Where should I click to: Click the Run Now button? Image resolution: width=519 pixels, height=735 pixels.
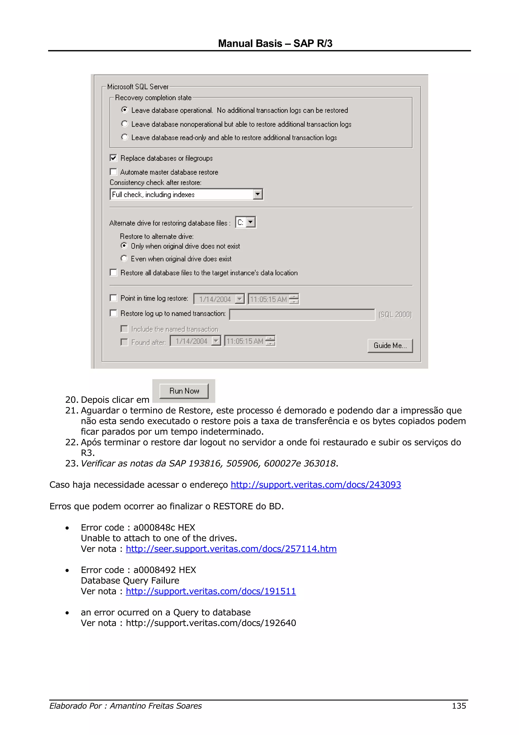[x=184, y=391]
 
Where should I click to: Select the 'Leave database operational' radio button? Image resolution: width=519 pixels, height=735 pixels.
[x=125, y=110]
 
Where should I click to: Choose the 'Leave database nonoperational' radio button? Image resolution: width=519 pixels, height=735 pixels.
[x=125, y=124]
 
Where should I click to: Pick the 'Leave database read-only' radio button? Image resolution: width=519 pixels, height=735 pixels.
[x=125, y=137]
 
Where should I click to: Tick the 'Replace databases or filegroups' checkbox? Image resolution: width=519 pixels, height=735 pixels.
[x=114, y=158]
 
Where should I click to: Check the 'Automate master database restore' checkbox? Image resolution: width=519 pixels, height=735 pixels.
[x=114, y=172]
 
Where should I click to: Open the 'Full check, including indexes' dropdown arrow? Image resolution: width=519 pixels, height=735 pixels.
[x=257, y=194]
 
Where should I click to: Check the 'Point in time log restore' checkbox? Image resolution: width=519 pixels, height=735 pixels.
[x=114, y=298]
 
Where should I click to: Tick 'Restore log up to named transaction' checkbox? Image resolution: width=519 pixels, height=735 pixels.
[x=114, y=313]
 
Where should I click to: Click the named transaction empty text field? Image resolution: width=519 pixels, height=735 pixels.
[x=302, y=314]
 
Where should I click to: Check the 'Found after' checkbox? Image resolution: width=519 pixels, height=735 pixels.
[x=124, y=342]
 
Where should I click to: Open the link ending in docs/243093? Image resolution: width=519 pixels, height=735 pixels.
[x=316, y=485]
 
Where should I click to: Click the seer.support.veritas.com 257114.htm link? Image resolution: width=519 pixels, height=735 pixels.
[x=231, y=549]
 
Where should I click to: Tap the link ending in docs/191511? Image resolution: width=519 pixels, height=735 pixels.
[x=211, y=591]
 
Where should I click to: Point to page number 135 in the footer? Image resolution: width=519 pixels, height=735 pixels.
[x=459, y=706]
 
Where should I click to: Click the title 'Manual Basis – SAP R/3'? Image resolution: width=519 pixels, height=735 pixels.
[x=275, y=43]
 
